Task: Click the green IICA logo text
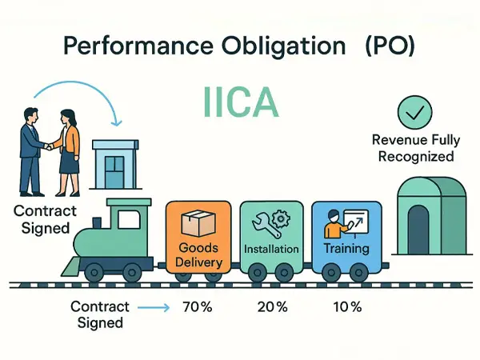[x=241, y=102]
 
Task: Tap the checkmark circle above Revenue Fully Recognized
[x=414, y=112]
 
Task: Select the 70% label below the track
[x=197, y=306]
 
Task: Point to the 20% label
[x=272, y=306]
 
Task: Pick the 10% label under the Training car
[x=347, y=306]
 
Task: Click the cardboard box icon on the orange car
[x=198, y=222]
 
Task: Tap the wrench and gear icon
[x=271, y=223]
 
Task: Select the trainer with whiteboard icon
[x=346, y=223]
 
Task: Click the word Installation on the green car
[x=271, y=249]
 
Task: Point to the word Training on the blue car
[x=346, y=248]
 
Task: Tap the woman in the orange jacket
[x=67, y=153]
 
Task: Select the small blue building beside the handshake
[x=115, y=165]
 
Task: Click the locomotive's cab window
[x=129, y=219]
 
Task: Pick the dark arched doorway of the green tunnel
[x=418, y=230]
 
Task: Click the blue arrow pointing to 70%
[x=154, y=307]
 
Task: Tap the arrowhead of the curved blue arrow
[x=116, y=122]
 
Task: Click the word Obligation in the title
[x=284, y=46]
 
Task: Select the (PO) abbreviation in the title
[x=390, y=46]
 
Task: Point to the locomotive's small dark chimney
[x=97, y=223]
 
